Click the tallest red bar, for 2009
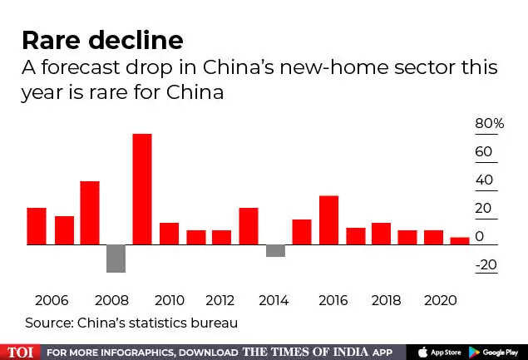[142, 190]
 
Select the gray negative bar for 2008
[116, 259]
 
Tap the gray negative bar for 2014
[275, 251]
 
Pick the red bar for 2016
[328, 220]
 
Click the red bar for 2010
[169, 234]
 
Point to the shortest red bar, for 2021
[460, 241]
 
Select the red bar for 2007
[90, 213]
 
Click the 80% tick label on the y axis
[490, 124]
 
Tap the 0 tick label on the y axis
[479, 237]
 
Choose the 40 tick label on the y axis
[484, 180]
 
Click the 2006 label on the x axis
[52, 300]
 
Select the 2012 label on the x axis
[220, 300]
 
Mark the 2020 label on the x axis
[440, 300]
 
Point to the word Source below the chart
[47, 322]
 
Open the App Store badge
[437, 352]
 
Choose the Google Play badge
[496, 352]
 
